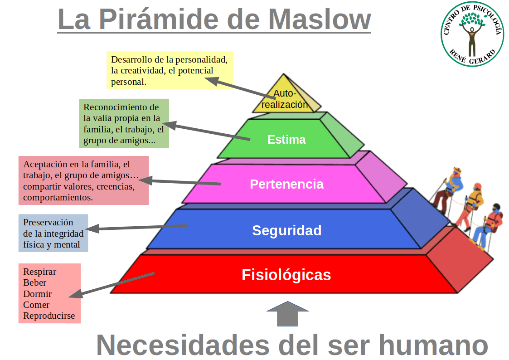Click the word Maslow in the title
[x=320, y=19]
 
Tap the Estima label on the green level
[x=286, y=140]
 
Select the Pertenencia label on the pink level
[x=286, y=184]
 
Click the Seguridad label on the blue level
[x=286, y=230]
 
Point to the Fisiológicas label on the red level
[x=286, y=275]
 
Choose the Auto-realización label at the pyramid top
[x=285, y=99]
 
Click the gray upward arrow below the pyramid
[x=288, y=314]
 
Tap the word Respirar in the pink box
[x=39, y=272]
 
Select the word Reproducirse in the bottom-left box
[x=49, y=316]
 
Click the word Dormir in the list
[x=37, y=294]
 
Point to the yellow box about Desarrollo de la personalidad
[x=170, y=70]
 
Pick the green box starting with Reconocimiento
[x=124, y=123]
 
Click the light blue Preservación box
[x=53, y=233]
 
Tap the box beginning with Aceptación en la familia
[x=83, y=180]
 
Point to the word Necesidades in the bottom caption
[x=183, y=345]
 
